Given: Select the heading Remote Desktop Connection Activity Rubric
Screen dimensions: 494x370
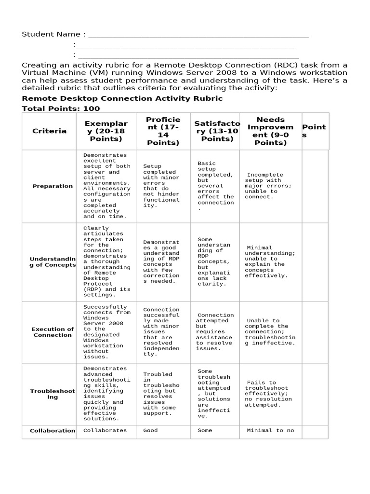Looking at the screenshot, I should tap(122, 98).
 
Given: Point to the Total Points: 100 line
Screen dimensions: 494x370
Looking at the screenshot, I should tap(61, 109).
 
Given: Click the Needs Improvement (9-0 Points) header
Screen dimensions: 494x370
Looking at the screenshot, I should tap(270, 131).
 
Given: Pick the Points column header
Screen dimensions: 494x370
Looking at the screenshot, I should tap(314, 131).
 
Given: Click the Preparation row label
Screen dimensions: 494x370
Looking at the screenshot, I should tap(53, 186).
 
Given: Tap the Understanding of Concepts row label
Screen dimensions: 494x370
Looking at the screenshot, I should tap(53, 261).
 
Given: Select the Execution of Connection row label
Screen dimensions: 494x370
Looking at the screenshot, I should tap(53, 332).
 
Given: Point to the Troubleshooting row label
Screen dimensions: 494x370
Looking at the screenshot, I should tap(53, 394).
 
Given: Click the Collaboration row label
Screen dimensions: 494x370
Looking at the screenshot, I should tap(53, 431).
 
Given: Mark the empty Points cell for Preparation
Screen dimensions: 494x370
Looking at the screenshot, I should tap(315, 186).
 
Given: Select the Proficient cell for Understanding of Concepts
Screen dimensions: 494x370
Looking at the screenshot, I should tap(161, 261).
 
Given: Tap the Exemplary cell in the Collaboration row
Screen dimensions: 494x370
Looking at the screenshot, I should tap(106, 431).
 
